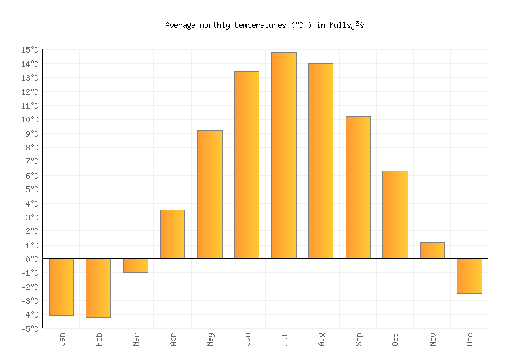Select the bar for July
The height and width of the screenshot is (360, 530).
pyautogui.click(x=284, y=156)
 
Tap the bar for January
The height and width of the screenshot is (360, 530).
pyautogui.click(x=61, y=287)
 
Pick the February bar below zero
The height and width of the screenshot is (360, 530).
pyautogui.click(x=98, y=287)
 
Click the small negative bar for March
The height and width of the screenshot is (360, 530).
pyautogui.click(x=135, y=266)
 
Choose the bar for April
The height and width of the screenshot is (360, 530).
pyautogui.click(x=172, y=234)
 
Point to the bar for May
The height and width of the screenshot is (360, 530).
pyautogui.click(x=210, y=194)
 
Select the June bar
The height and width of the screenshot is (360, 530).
pyautogui.click(x=246, y=165)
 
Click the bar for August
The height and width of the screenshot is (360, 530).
pyautogui.click(x=320, y=161)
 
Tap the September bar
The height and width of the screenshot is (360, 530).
pyautogui.click(x=358, y=187)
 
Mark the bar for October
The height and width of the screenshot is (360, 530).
pyautogui.click(x=395, y=215)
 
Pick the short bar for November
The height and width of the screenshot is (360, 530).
pyautogui.click(x=432, y=251)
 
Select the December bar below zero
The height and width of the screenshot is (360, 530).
pyautogui.click(x=470, y=276)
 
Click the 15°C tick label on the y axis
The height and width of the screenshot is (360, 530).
pyautogui.click(x=30, y=50)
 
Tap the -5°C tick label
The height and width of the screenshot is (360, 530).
pyautogui.click(x=30, y=329)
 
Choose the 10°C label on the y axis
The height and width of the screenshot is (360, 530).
pyautogui.click(x=30, y=120)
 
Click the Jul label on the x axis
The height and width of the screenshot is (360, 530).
pyautogui.click(x=284, y=338)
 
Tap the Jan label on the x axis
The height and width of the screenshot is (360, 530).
pyautogui.click(x=62, y=338)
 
